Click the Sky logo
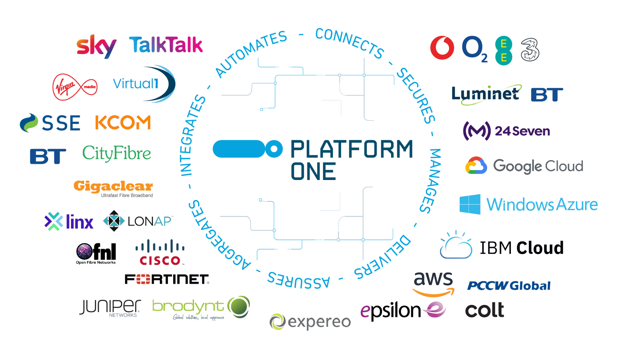[96, 46]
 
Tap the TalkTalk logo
[166, 45]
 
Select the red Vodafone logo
[442, 48]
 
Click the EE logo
[504, 50]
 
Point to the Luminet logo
[486, 96]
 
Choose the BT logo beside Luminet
[546, 95]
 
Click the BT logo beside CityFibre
[48, 156]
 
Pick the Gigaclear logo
[115, 188]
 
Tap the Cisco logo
[160, 253]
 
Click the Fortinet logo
[167, 279]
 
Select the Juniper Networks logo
[110, 307]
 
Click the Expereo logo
[310, 322]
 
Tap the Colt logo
[484, 310]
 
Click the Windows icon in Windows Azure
[470, 204]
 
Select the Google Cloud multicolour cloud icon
[476, 166]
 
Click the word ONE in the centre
[313, 171]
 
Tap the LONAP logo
[138, 221]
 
